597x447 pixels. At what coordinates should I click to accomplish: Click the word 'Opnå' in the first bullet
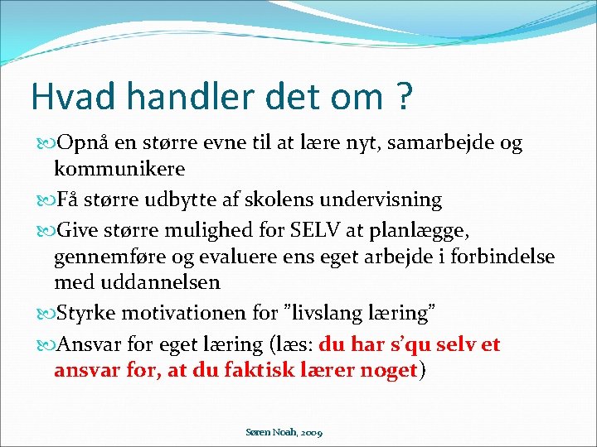click(x=79, y=143)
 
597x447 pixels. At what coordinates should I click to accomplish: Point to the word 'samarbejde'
click(x=435, y=143)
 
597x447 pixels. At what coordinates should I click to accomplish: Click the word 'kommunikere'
click(x=119, y=169)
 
